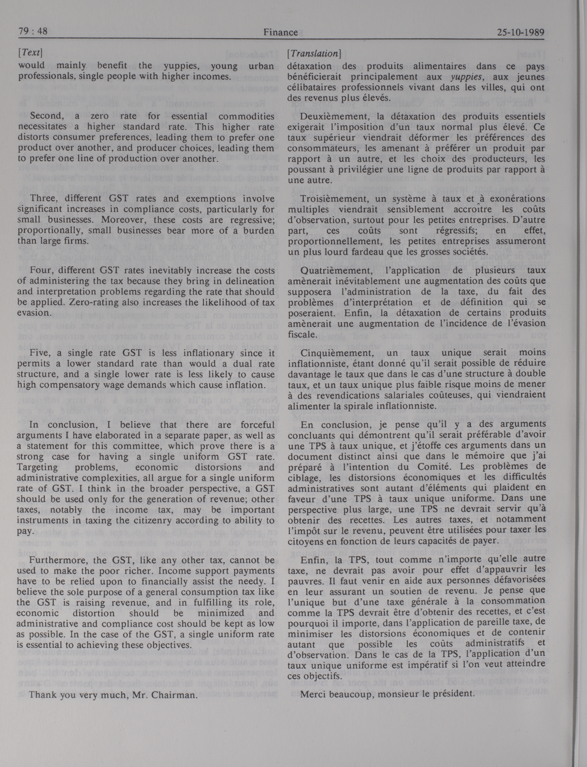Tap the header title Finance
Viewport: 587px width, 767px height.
281,32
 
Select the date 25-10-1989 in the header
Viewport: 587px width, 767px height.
521,32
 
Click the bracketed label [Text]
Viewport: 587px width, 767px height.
30,53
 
